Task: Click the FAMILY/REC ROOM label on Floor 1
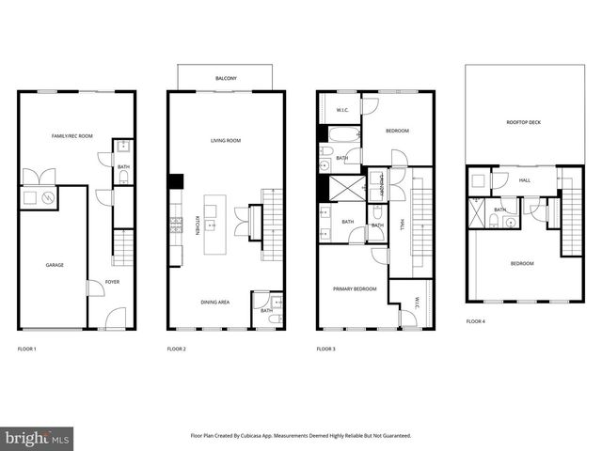point(72,136)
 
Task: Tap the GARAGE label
point(55,265)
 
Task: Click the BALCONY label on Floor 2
point(225,78)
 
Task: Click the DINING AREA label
point(214,302)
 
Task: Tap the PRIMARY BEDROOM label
point(355,288)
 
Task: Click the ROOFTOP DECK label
point(522,122)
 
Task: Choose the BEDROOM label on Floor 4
point(522,263)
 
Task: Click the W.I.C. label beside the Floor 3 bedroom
point(342,111)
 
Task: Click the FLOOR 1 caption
point(26,349)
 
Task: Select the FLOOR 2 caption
point(177,349)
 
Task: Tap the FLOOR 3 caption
point(326,349)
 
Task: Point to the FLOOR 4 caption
point(476,321)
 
